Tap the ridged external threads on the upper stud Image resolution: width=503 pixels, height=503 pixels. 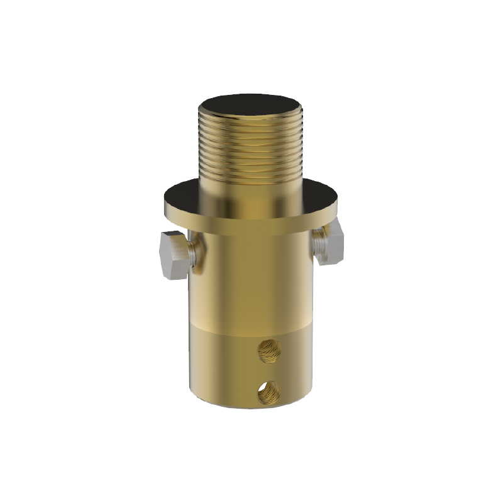pos(251,151)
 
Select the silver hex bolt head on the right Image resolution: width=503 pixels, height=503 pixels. pos(330,245)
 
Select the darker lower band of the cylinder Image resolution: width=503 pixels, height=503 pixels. pos(226,365)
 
